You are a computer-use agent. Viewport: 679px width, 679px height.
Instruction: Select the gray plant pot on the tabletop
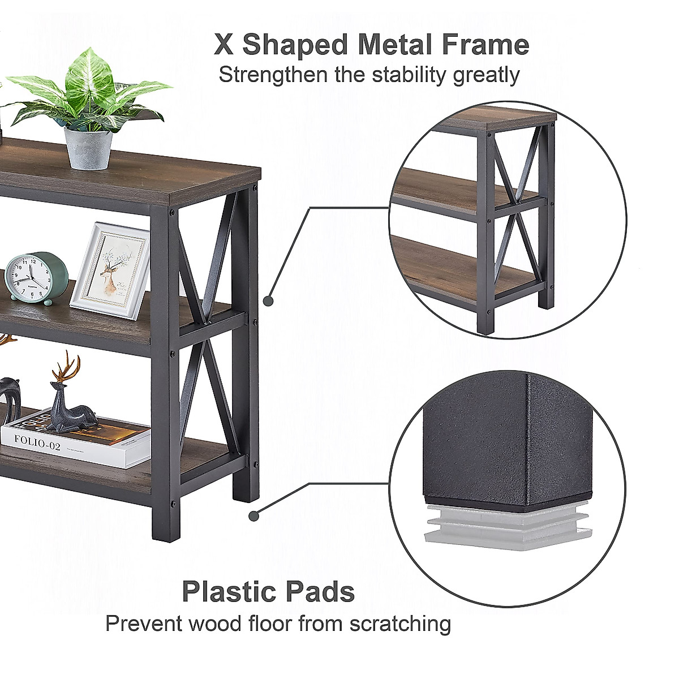88,148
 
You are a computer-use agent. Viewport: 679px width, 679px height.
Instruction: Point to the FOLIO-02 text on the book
37,443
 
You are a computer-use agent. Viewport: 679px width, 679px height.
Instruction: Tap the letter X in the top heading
224,45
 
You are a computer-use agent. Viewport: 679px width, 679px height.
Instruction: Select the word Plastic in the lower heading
229,592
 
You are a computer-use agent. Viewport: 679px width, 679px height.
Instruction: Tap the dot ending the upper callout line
269,301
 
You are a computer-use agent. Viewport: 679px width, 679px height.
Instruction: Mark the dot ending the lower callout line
255,515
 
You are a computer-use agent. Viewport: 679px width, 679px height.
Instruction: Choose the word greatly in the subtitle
486,76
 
